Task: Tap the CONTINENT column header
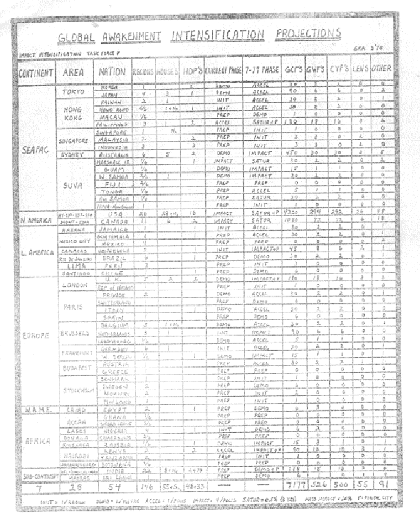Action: [x=36, y=72]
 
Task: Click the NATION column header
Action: [x=113, y=72]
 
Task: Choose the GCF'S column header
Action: [x=294, y=70]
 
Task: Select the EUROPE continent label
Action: [x=37, y=335]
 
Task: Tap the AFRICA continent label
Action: [x=37, y=440]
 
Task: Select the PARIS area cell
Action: [x=73, y=306]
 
